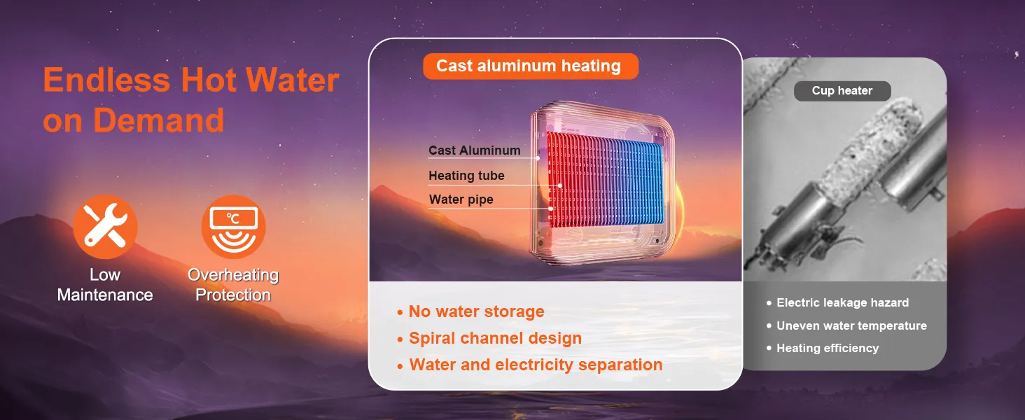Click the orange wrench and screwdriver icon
tap(105, 227)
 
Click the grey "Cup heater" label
tap(842, 91)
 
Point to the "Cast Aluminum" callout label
tap(474, 150)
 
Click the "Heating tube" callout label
tap(466, 176)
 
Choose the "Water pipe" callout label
tap(461, 199)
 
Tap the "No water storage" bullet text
tap(476, 312)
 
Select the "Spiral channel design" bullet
tap(495, 339)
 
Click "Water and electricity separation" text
tap(536, 365)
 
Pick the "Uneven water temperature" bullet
tap(851, 325)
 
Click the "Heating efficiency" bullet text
tap(827, 348)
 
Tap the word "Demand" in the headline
tap(158, 120)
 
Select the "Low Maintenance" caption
tap(105, 285)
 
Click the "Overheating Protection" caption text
tap(233, 285)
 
